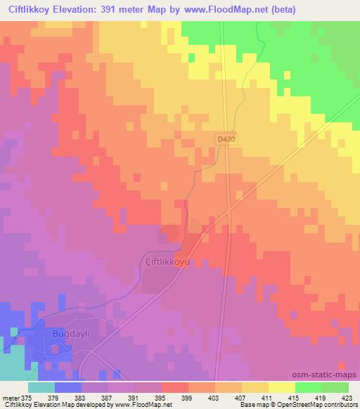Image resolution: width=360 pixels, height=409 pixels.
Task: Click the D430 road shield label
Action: pyautogui.click(x=226, y=140)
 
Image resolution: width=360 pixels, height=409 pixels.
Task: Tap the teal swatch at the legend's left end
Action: pyautogui.click(x=41, y=387)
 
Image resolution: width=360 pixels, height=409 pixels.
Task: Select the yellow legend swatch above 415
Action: pyautogui.click(x=282, y=387)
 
